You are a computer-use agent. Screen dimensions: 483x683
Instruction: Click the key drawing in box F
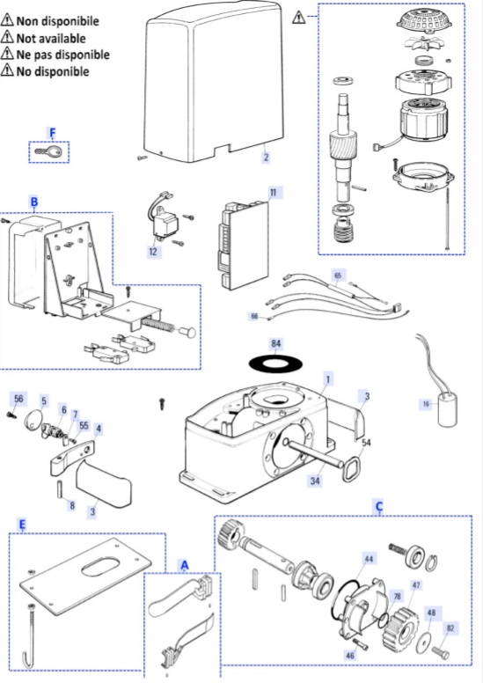pyautogui.click(x=48, y=152)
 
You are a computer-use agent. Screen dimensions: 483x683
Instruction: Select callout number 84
pyautogui.click(x=275, y=344)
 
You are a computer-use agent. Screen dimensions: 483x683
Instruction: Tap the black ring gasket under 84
pyautogui.click(x=275, y=363)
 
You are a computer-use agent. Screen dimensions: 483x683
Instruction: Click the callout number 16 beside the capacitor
pyautogui.click(x=426, y=404)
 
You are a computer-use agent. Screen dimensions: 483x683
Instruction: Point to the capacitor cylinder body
pyautogui.click(x=447, y=410)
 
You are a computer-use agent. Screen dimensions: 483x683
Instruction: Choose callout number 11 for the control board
pyautogui.click(x=273, y=193)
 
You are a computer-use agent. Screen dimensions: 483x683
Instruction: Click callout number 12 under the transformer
pyautogui.click(x=153, y=252)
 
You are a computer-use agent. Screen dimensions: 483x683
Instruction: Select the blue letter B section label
pyautogui.click(x=34, y=202)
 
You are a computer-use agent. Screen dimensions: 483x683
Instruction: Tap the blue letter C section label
pyautogui.click(x=379, y=507)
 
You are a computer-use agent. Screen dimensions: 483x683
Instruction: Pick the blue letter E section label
pyautogui.click(x=22, y=525)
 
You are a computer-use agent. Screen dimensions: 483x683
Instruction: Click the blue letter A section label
pyautogui.click(x=185, y=565)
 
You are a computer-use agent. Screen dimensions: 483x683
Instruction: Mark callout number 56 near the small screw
pyautogui.click(x=18, y=399)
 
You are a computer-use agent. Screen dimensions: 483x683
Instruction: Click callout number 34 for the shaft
pyautogui.click(x=315, y=481)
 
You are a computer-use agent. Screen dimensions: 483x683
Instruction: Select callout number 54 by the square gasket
pyautogui.click(x=367, y=443)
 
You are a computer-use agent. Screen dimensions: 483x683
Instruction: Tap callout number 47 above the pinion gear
pyautogui.click(x=416, y=585)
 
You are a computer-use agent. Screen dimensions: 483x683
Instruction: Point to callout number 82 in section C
pyautogui.click(x=450, y=628)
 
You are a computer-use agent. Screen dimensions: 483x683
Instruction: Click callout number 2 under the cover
pyautogui.click(x=266, y=157)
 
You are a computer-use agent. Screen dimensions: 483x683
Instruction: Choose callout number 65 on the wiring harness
pyautogui.click(x=338, y=275)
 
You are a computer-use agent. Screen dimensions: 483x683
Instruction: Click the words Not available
pyautogui.click(x=51, y=39)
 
